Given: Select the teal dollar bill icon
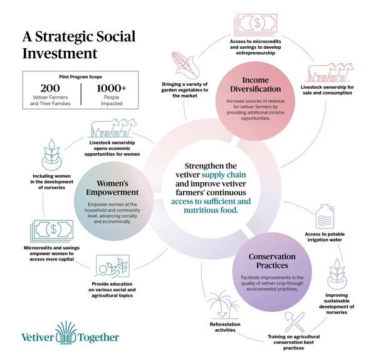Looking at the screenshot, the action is pyautogui.click(x=52, y=231).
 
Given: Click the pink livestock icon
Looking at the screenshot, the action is pyautogui.click(x=329, y=73).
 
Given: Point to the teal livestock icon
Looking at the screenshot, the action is pyautogui.click(x=113, y=128).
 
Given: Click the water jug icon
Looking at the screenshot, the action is pyautogui.click(x=325, y=216).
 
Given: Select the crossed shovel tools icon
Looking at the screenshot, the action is pyautogui.click(x=295, y=321).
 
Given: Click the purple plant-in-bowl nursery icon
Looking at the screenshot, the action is pyautogui.click(x=337, y=274).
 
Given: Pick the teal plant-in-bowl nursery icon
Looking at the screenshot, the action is pyautogui.click(x=52, y=155).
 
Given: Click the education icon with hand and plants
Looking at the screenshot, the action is pyautogui.click(x=112, y=266).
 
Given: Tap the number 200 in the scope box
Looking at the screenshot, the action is pyautogui.click(x=50, y=88).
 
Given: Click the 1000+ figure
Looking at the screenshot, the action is pyautogui.click(x=112, y=88).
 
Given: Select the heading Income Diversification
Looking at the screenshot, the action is pyautogui.click(x=256, y=85).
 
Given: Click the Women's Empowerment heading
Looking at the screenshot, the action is pyautogui.click(x=112, y=188).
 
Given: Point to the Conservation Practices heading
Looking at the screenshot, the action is pyautogui.click(x=272, y=261).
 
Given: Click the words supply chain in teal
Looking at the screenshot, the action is pyautogui.click(x=224, y=175).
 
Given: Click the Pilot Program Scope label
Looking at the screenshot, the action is pyautogui.click(x=81, y=77).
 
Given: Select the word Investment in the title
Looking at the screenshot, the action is pyautogui.click(x=60, y=53).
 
